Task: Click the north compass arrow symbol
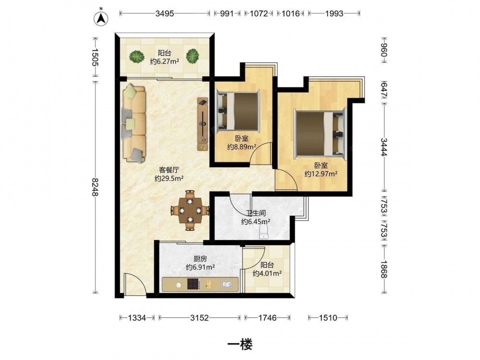click(101, 18)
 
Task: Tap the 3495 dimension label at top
click(165, 13)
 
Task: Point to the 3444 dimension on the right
click(384, 147)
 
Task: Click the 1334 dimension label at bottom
click(137, 318)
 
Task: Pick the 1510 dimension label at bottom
click(328, 318)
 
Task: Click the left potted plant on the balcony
click(136, 56)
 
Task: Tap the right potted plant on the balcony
click(192, 56)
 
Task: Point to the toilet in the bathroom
click(264, 232)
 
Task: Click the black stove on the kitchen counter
click(193, 284)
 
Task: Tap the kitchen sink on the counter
click(227, 284)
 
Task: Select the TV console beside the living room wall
click(203, 124)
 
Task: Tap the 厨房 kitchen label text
click(200, 259)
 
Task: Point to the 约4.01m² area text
click(267, 274)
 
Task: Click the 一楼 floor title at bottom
click(240, 345)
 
